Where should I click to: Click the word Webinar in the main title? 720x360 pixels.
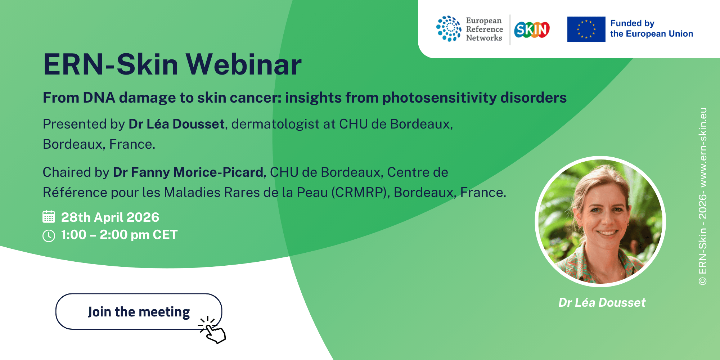(x=244, y=64)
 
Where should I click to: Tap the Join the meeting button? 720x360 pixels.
(x=139, y=311)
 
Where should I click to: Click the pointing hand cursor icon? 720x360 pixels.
(x=212, y=330)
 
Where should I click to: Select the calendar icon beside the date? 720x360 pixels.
(x=49, y=217)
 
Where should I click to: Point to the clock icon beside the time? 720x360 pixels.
(x=49, y=236)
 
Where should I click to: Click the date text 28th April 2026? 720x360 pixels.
(x=110, y=217)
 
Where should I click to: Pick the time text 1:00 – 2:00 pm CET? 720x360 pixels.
(x=119, y=235)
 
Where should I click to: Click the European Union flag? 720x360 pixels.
(x=586, y=29)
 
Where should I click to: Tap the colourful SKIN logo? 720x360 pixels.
(x=532, y=30)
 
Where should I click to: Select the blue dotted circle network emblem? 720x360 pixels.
(x=449, y=29)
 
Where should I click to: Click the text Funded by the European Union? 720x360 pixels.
(x=652, y=28)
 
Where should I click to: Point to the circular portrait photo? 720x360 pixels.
(x=600, y=221)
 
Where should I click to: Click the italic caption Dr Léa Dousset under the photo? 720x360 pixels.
(x=602, y=302)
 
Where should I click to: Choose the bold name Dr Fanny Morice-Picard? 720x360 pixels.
(x=188, y=172)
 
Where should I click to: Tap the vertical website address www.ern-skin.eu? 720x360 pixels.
(x=703, y=147)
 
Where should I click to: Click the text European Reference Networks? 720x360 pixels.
(x=484, y=29)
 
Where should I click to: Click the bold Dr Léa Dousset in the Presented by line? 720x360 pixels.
(x=176, y=124)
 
